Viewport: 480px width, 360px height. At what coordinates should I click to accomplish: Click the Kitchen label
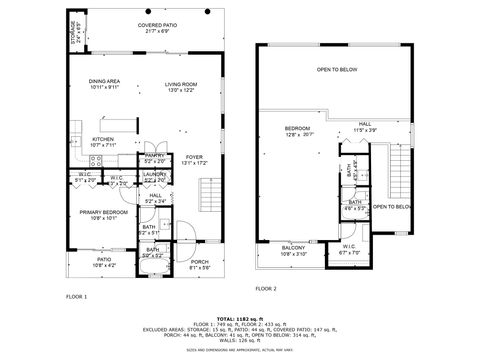[x=103, y=142]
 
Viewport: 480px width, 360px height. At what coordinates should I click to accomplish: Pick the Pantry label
[x=154, y=158]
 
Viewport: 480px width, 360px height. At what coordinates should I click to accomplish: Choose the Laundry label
[x=154, y=176]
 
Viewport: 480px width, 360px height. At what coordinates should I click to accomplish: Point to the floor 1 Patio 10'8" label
[x=103, y=263]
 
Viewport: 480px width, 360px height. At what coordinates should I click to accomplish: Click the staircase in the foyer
[x=209, y=190]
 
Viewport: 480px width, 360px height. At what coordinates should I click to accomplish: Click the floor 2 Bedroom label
[x=297, y=130]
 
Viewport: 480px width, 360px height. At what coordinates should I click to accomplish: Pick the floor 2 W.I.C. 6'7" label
[x=348, y=251]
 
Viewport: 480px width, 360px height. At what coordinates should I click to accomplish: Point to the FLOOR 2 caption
[x=265, y=287]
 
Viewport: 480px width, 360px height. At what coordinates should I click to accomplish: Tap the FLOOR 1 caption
[x=76, y=297]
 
